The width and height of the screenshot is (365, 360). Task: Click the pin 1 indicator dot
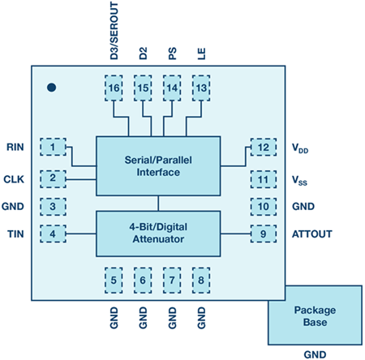click(51, 88)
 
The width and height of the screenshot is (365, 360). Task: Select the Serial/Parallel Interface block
click(158, 166)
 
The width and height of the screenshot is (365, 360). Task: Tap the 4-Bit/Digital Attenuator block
click(158, 234)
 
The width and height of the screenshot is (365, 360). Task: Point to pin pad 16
click(114, 88)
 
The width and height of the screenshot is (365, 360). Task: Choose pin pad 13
click(201, 88)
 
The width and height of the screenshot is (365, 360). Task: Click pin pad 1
click(53, 147)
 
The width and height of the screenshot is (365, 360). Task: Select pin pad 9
click(264, 234)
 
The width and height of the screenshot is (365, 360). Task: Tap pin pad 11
click(264, 179)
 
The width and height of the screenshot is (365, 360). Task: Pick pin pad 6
click(143, 281)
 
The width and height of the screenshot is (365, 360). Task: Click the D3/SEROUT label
click(114, 31)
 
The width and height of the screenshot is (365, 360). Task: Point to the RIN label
click(15, 147)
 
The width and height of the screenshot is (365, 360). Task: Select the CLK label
click(14, 179)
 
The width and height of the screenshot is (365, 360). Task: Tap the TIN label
click(15, 234)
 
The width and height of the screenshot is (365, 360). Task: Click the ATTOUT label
click(312, 234)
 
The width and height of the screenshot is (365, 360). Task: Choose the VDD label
click(300, 148)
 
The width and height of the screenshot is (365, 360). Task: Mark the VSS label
click(299, 180)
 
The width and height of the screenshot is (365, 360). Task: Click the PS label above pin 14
click(172, 54)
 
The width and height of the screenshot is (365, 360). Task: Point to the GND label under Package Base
click(315, 354)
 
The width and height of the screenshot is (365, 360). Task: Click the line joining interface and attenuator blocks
click(158, 204)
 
